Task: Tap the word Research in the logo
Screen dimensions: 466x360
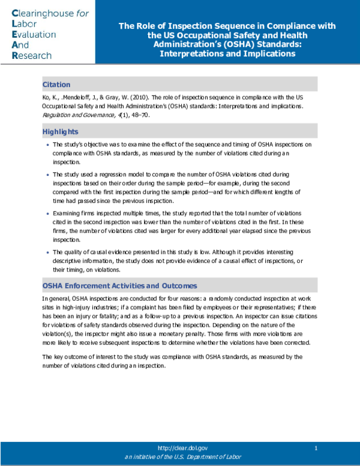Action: point(32,55)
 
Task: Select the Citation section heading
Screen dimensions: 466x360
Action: point(56,84)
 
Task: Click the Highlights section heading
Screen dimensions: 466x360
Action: point(60,132)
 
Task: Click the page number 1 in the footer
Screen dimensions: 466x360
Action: point(316,448)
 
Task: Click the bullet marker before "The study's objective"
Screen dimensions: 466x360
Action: point(47,145)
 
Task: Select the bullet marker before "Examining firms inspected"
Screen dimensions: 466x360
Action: point(47,214)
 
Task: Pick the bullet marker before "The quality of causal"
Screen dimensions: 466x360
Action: point(47,252)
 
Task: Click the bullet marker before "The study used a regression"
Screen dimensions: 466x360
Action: point(47,174)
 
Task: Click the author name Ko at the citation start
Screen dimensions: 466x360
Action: point(46,98)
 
